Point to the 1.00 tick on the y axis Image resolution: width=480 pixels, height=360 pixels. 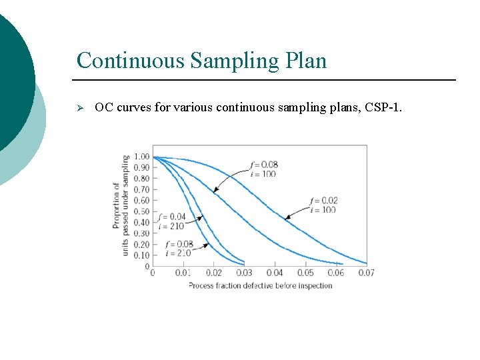[x=141, y=157]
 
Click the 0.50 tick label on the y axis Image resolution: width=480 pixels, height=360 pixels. [x=141, y=212]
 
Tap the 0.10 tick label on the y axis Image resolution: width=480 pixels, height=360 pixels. [x=141, y=255]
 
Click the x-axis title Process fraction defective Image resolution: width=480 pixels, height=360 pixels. [x=260, y=286]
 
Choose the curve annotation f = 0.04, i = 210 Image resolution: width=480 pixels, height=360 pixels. [x=172, y=221]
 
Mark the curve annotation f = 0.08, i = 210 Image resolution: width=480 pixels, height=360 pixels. [x=177, y=249]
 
